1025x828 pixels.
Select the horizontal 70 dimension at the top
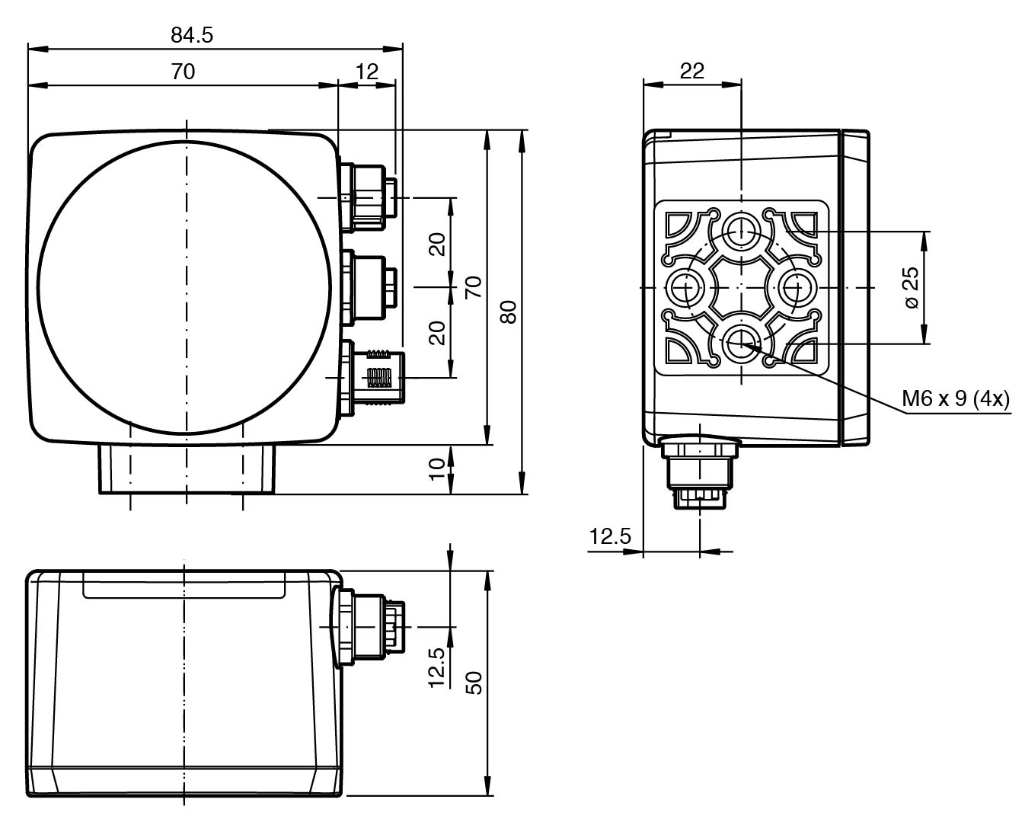pyautogui.click(x=183, y=72)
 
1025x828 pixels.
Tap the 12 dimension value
pyautogui.click(x=367, y=72)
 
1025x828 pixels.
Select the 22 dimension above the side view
pyautogui.click(x=691, y=70)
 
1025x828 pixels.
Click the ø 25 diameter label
pyautogui.click(x=912, y=287)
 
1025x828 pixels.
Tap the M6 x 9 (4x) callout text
pyautogui.click(x=956, y=399)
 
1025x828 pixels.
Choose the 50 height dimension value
pyautogui.click(x=474, y=683)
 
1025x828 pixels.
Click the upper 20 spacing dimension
pyautogui.click(x=436, y=244)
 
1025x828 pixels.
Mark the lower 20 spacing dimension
pyautogui.click(x=436, y=332)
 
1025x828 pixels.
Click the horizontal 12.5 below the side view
pyautogui.click(x=610, y=536)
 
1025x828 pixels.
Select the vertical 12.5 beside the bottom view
pyautogui.click(x=436, y=668)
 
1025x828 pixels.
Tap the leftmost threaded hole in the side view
pyautogui.click(x=686, y=288)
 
